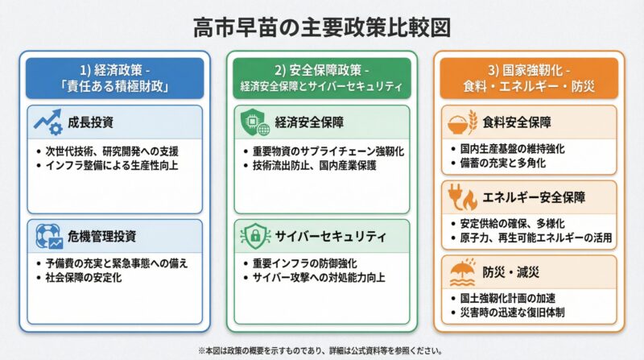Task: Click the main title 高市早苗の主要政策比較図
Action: point(322,27)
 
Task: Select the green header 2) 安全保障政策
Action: point(321,77)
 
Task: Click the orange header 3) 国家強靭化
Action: point(528,77)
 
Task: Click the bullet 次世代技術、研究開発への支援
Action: point(111,151)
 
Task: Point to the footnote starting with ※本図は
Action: point(322,350)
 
